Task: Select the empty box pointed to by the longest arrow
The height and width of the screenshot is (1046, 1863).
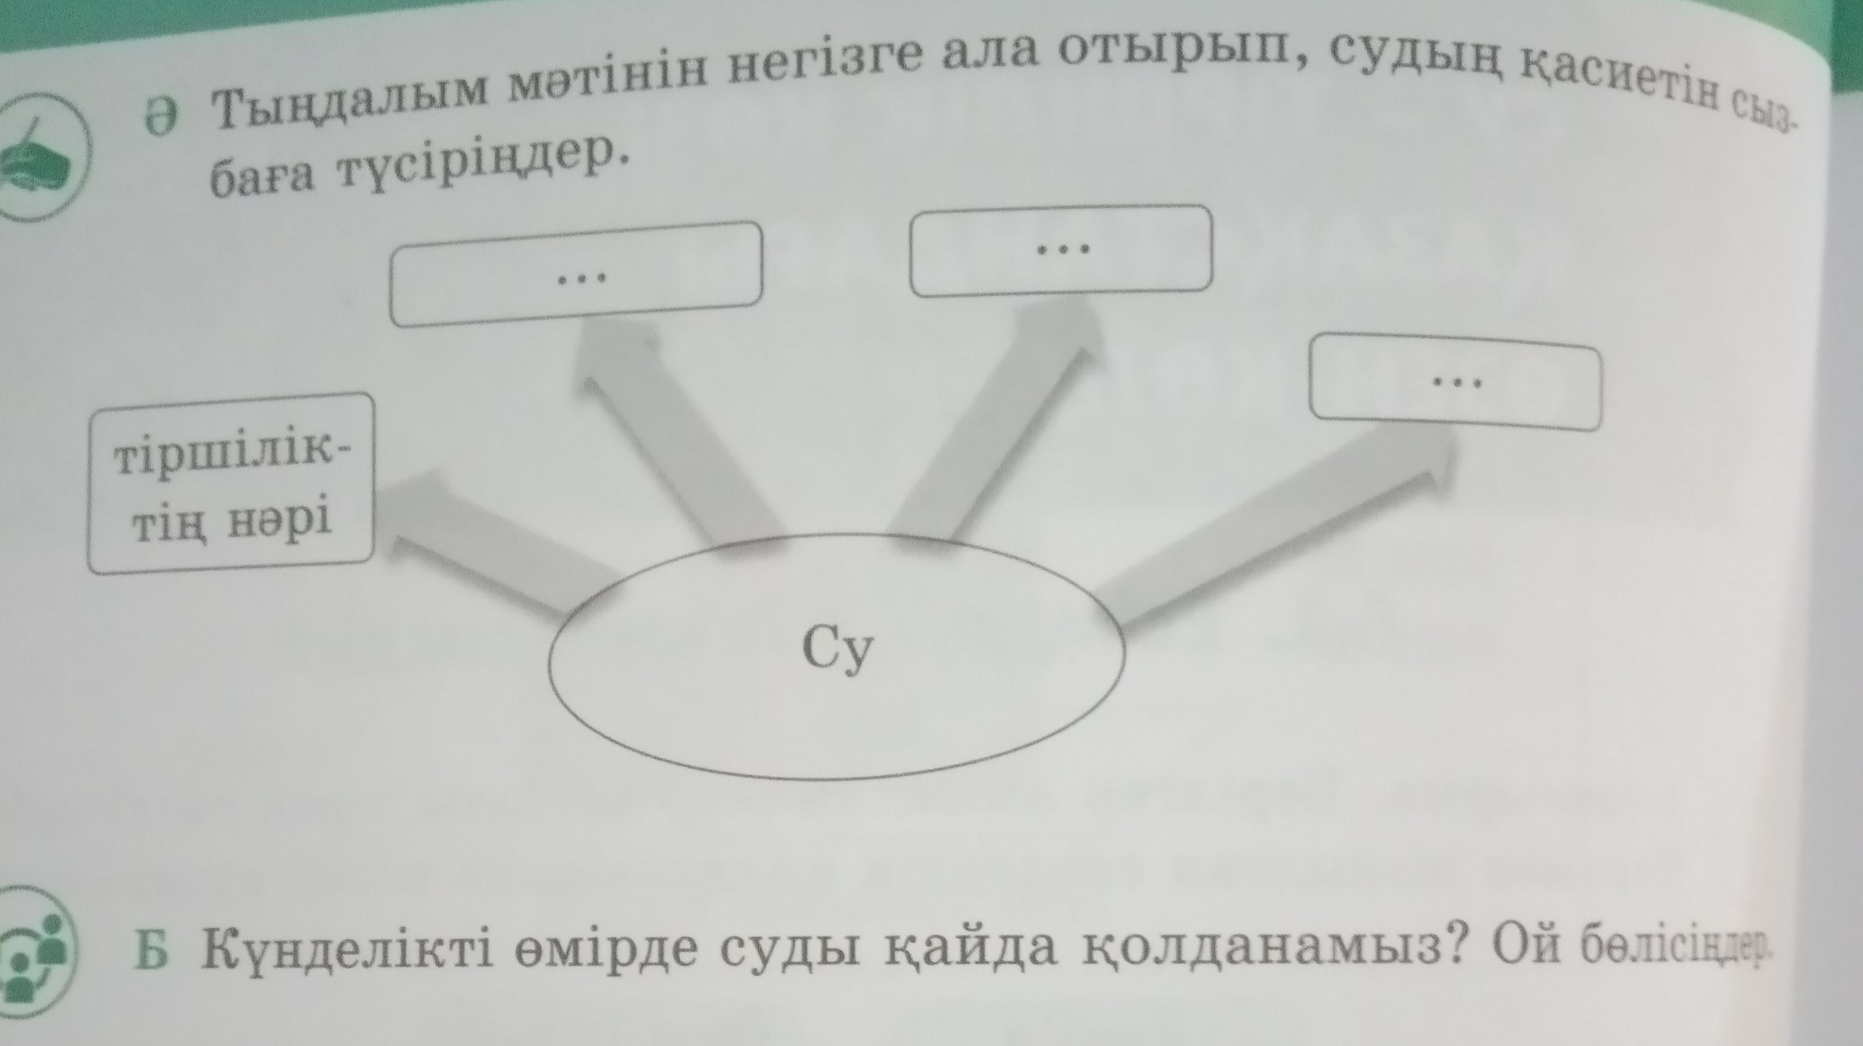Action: [1455, 382]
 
